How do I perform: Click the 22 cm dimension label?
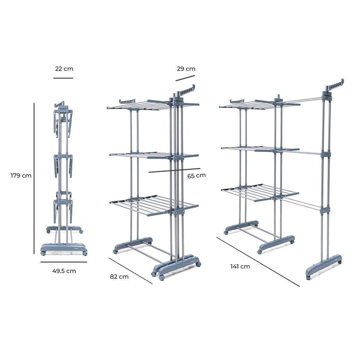pyautogui.click(x=64, y=69)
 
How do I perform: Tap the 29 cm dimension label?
pyautogui.click(x=186, y=69)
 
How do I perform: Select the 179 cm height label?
pyautogui.click(x=21, y=175)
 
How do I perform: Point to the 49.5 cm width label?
pyautogui.click(x=64, y=271)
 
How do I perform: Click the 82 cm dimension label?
pyautogui.click(x=119, y=277)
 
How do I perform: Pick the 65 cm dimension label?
pyautogui.click(x=196, y=175)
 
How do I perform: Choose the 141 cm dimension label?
pyautogui.click(x=240, y=266)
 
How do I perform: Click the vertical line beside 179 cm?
pyautogui.click(x=34, y=178)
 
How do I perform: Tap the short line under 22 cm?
pyautogui.click(x=63, y=78)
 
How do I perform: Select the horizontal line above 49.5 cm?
pyautogui.click(x=64, y=262)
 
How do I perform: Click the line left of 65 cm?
pyautogui.click(x=174, y=170)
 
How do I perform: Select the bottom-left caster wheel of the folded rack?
pyautogui.click(x=43, y=253)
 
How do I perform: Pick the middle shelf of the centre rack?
pyautogui.click(x=153, y=155)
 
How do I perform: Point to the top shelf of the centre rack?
pyautogui.click(x=153, y=104)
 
